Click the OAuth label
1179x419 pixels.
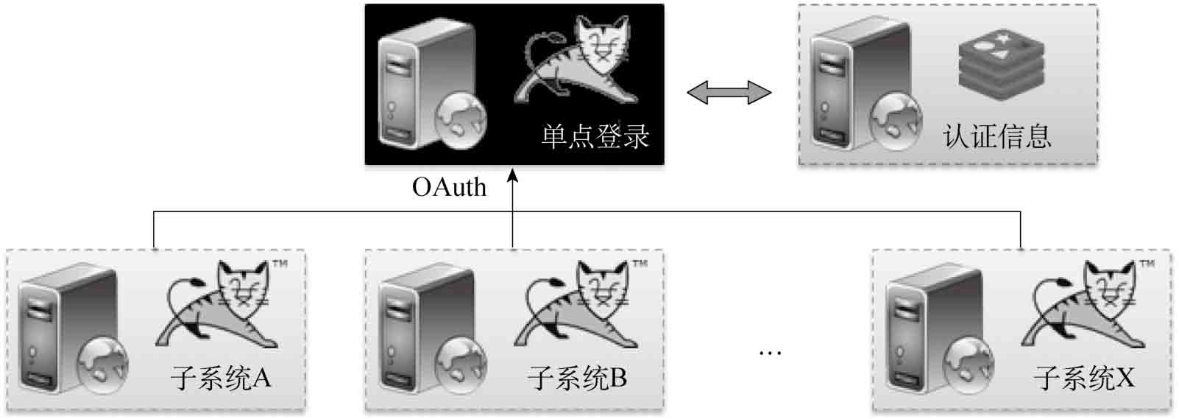click(450, 187)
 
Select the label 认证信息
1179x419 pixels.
click(997, 136)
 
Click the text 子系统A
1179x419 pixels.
click(221, 378)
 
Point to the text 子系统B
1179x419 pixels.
click(577, 378)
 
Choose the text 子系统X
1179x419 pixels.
click(1084, 378)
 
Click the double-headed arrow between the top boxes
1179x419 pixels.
click(729, 94)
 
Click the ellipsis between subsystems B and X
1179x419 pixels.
click(770, 353)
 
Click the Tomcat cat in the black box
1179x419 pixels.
click(577, 59)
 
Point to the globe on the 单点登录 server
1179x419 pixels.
click(461, 120)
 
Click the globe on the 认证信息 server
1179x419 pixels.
click(895, 120)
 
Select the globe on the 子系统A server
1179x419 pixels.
click(102, 366)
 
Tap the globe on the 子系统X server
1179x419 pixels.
click(969, 366)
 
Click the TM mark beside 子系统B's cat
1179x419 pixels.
click(640, 263)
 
